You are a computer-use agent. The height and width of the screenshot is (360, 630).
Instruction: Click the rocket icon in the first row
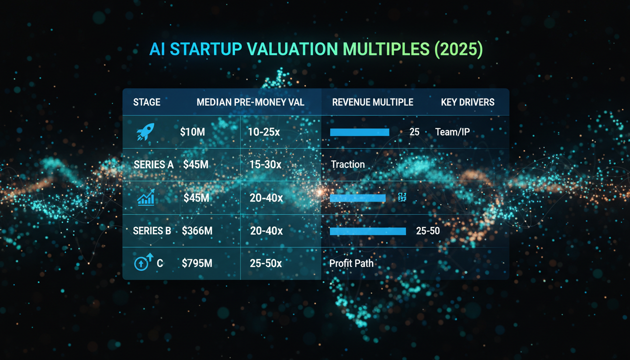point(145,132)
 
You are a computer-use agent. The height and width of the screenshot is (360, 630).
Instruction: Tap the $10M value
point(192,132)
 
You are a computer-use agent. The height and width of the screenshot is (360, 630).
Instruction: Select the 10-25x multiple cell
point(264,132)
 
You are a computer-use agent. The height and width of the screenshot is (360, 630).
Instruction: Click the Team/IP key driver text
point(452,132)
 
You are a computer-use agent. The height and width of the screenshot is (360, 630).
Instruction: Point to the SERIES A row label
point(153,165)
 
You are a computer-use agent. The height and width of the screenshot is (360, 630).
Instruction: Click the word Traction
point(348,165)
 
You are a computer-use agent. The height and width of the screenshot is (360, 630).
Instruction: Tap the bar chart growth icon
point(146,198)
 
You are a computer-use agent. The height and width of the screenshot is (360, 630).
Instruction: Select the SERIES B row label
point(152,231)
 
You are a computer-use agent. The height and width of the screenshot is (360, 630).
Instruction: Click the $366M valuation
point(197,231)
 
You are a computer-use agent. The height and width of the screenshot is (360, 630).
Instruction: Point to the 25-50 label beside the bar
point(427,231)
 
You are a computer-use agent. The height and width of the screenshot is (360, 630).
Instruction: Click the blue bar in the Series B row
point(367,231)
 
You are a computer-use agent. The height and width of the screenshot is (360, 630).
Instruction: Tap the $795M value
point(197,263)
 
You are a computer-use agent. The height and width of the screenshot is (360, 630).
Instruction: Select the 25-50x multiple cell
point(266,263)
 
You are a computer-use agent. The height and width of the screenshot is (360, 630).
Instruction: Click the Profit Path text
point(352,263)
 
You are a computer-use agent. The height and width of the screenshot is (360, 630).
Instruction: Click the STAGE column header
point(147,102)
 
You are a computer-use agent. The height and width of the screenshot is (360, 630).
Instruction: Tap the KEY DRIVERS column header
point(467,102)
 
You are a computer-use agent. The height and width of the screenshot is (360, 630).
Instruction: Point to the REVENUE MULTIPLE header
point(373,102)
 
